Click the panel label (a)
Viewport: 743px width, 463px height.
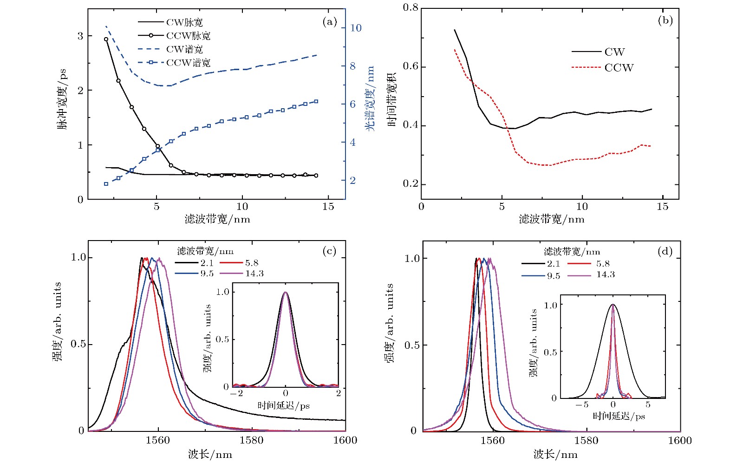[329, 21]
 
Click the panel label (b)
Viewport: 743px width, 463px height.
[665, 20]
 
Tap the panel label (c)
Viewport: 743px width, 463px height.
[329, 251]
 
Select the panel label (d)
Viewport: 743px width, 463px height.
[665, 251]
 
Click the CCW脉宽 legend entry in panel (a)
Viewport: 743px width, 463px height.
[188, 36]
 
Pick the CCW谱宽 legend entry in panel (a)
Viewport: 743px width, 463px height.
[188, 62]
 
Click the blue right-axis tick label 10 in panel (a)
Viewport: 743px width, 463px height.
[356, 28]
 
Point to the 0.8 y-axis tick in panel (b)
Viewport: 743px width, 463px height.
[411, 7]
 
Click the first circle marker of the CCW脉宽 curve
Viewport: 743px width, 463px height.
[106, 39]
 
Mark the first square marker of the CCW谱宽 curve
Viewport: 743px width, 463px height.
[106, 184]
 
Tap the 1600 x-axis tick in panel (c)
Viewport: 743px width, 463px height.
[345, 440]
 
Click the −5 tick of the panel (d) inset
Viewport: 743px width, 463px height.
[582, 404]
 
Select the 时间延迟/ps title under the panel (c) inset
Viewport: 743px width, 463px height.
[284, 406]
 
